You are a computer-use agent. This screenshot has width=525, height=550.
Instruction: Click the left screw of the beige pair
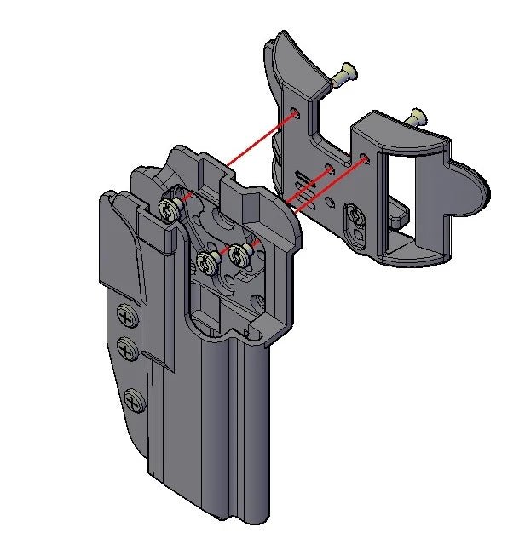click(206, 261)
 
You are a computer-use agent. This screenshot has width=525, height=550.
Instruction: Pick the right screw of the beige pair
click(239, 253)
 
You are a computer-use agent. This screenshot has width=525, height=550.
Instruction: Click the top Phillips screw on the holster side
click(127, 317)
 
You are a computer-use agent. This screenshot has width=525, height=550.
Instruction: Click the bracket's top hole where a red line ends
click(295, 112)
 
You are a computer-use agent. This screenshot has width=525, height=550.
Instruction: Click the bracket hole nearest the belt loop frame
click(364, 158)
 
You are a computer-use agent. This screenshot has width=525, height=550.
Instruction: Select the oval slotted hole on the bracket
click(354, 219)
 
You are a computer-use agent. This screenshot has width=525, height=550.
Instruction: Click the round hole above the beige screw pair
click(223, 221)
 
